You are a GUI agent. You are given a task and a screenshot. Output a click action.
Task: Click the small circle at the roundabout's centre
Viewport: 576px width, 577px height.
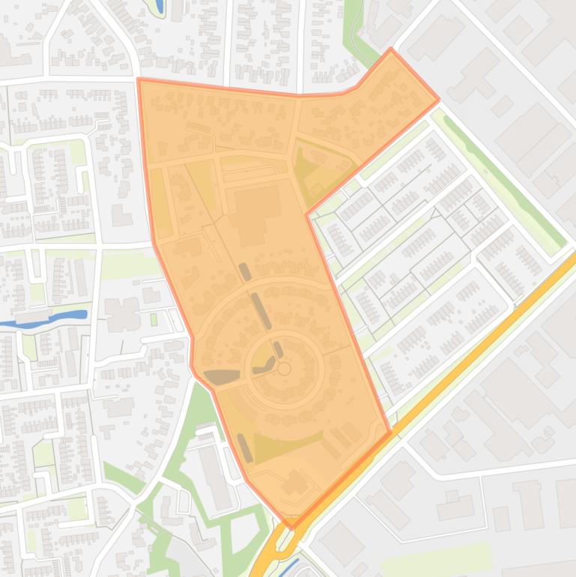pos(284,369)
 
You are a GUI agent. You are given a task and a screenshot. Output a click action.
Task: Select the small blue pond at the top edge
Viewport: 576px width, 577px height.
pos(160,7)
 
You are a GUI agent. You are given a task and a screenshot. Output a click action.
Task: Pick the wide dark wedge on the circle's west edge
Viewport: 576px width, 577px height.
pos(222,377)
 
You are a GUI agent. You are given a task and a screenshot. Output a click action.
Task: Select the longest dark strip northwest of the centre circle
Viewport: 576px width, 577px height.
pos(261,310)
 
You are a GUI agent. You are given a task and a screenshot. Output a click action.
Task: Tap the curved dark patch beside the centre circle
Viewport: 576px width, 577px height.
pos(264,366)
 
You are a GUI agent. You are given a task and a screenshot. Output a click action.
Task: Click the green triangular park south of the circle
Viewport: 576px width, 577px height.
pos(285,446)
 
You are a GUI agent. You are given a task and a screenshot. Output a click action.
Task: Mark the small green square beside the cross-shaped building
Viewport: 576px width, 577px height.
pos(154,319)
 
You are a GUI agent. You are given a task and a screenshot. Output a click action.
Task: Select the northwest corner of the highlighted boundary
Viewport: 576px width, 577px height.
pos(139,79)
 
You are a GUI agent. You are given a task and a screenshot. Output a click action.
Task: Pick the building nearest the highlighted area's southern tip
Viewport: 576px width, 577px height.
pos(294,482)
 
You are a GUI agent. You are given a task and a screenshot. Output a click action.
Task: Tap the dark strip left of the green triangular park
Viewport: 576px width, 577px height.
pos(245,447)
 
